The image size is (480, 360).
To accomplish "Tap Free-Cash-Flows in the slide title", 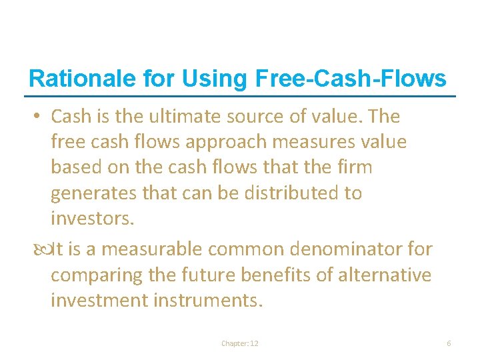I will pos(351,79).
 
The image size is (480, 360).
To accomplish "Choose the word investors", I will pos(89,219).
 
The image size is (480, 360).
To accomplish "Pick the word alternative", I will pos(389,275).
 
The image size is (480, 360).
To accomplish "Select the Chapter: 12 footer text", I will pos(240,343).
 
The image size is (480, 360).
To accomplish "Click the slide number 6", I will pos(449,343).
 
